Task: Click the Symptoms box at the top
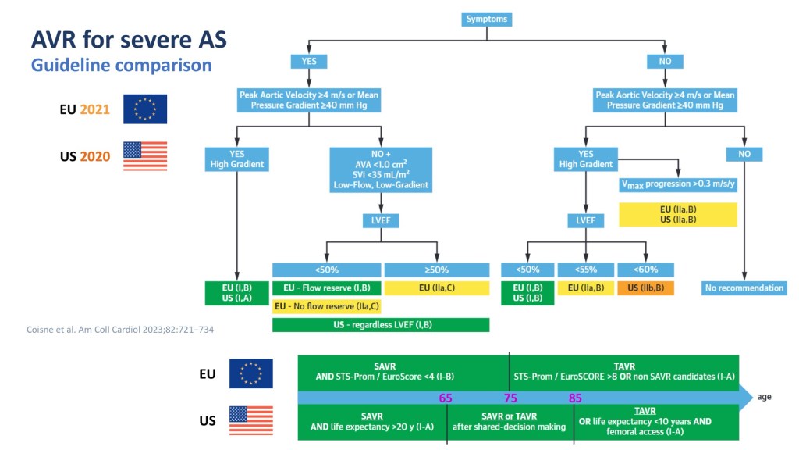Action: click(487, 18)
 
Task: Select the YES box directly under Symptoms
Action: click(309, 61)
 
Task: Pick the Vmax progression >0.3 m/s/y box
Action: click(677, 185)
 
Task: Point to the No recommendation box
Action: click(744, 287)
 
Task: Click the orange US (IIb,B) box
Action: click(645, 287)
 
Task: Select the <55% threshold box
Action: click(586, 270)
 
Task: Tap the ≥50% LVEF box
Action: click(437, 270)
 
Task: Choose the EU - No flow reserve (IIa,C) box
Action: click(326, 306)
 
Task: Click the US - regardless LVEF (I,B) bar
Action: click(381, 324)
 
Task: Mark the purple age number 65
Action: click(446, 398)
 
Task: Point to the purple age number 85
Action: click(575, 398)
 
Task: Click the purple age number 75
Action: click(511, 398)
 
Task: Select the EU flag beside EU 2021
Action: click(145, 109)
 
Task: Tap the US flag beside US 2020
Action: click(145, 156)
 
